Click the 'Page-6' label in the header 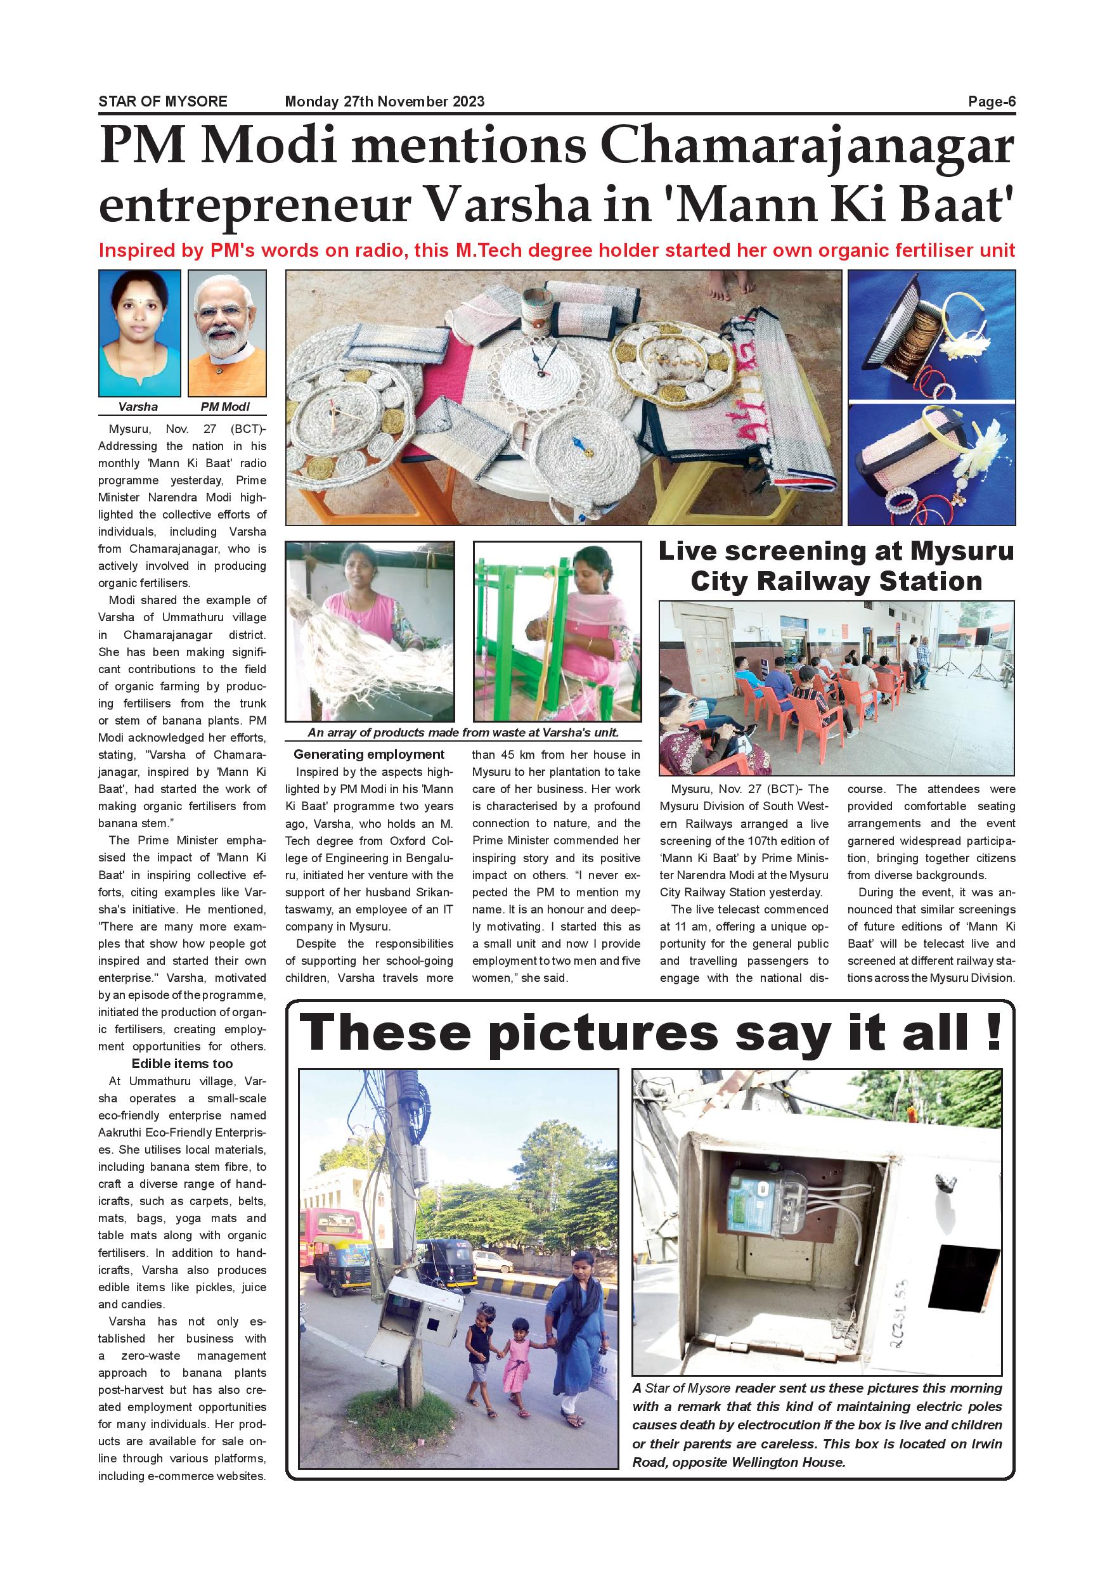point(991,102)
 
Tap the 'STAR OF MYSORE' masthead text point(163,102)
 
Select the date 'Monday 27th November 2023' point(384,102)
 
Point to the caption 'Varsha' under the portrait point(138,407)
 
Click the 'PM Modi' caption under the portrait point(225,407)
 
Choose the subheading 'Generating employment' point(369,754)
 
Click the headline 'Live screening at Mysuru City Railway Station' point(836,566)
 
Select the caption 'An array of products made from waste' point(463,733)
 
